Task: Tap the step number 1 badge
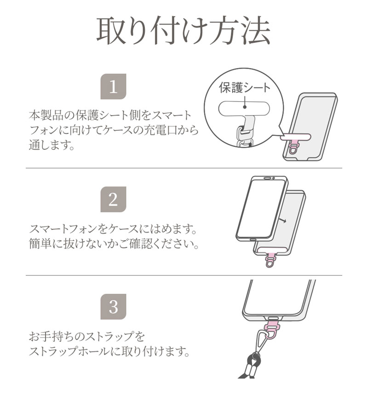(x=113, y=86)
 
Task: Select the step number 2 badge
(x=113, y=199)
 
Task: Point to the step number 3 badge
(x=113, y=307)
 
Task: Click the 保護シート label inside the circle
(x=244, y=87)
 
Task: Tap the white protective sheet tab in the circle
(x=244, y=109)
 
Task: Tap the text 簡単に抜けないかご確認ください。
(x=114, y=244)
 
